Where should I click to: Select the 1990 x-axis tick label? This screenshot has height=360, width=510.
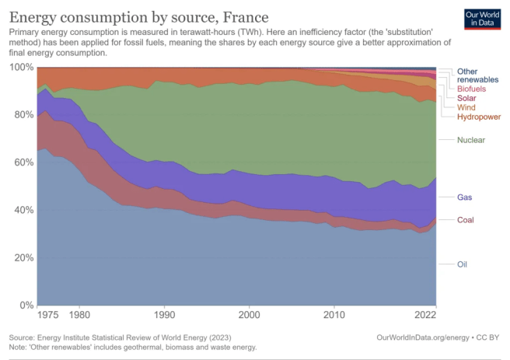[164, 316]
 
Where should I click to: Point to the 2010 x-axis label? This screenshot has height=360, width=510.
[334, 316]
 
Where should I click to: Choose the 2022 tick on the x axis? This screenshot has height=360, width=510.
[425, 316]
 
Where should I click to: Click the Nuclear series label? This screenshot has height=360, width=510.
[471, 140]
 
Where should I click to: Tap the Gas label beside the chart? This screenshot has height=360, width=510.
[465, 197]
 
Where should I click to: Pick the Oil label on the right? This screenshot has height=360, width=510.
[462, 264]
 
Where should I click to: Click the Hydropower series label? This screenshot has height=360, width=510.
[478, 117]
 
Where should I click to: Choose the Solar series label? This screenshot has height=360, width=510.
[468, 99]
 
